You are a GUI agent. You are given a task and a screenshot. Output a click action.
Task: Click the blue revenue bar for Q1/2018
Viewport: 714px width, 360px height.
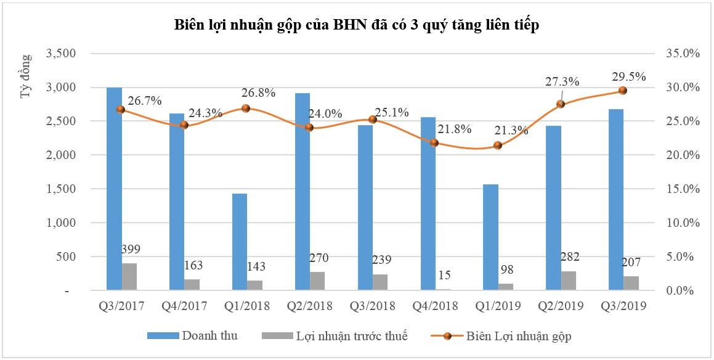(239, 242)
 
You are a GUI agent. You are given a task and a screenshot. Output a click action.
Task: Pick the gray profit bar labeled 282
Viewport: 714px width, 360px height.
(569, 280)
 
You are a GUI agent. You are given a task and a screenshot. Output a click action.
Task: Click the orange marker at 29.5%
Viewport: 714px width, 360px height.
(622, 91)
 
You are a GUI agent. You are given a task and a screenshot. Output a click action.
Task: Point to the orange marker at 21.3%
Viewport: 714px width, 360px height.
(498, 145)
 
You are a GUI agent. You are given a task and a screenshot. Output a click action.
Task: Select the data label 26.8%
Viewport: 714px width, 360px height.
(258, 93)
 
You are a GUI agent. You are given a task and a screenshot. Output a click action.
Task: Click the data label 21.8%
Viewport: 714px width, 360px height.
(454, 129)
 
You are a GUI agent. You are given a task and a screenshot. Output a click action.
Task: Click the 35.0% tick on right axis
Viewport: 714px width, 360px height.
(683, 54)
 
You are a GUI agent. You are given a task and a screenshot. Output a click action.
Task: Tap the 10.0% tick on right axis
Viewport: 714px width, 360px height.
(683, 223)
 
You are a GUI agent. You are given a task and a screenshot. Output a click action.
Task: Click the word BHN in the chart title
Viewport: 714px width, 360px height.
(349, 25)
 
